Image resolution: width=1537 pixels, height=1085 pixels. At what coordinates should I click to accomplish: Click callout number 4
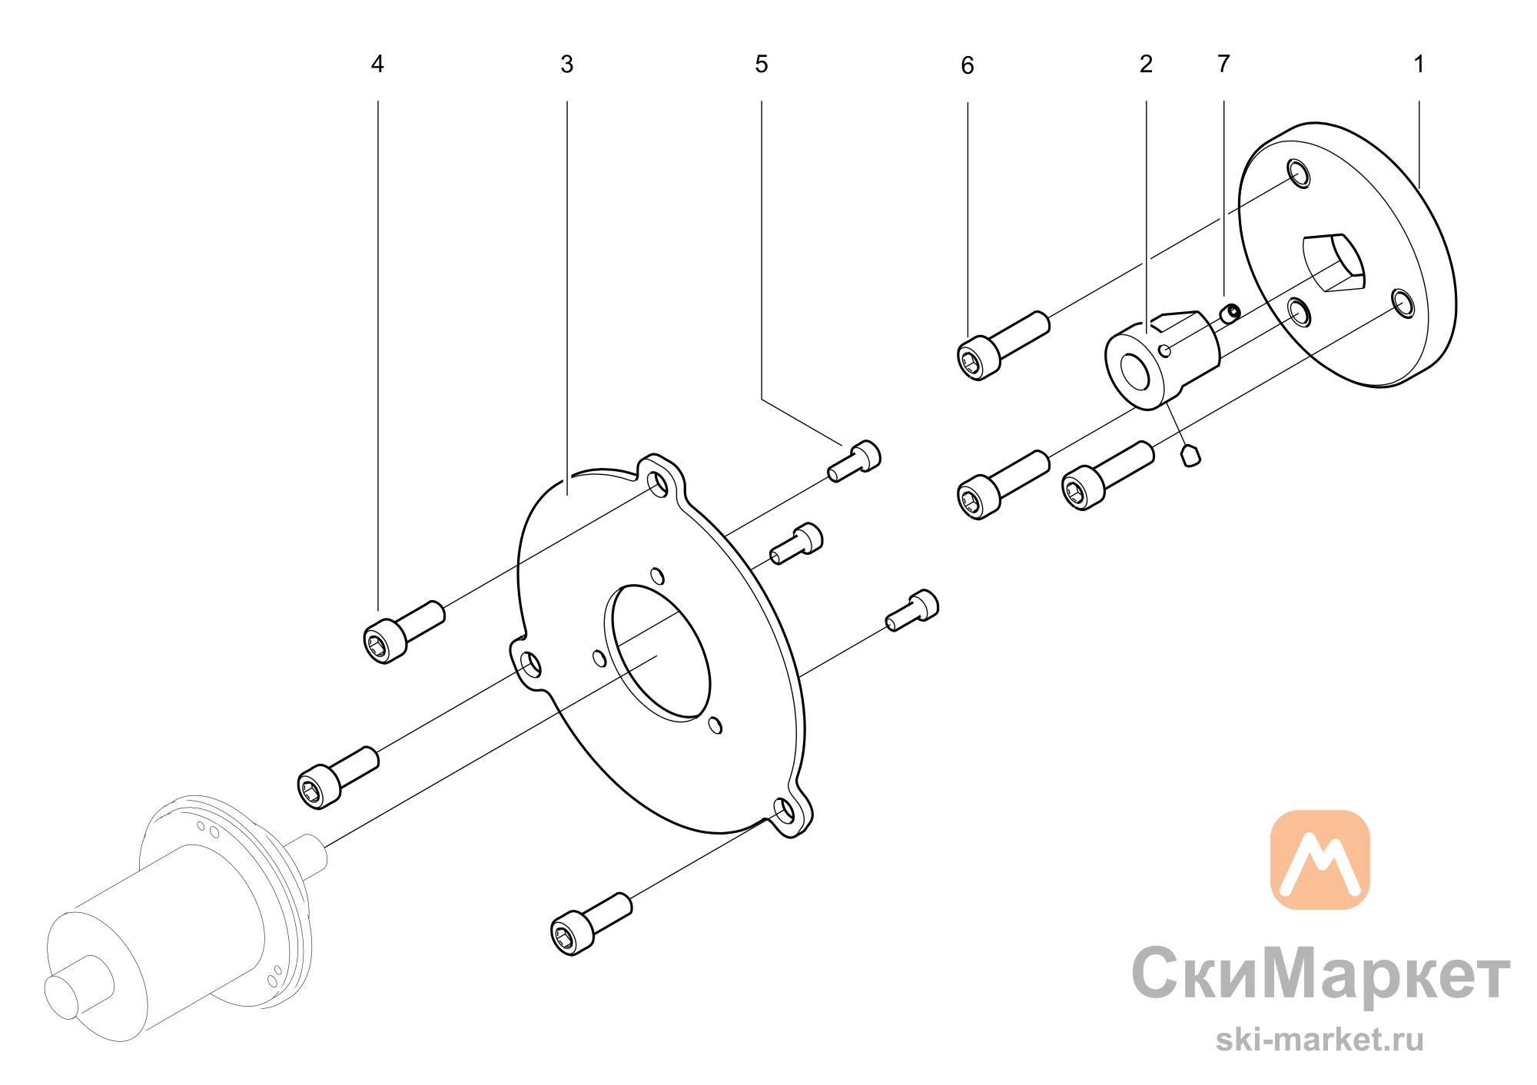click(x=377, y=64)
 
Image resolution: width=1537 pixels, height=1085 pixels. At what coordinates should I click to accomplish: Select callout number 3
click(x=567, y=64)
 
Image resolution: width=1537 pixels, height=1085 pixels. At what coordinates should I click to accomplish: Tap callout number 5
click(x=762, y=64)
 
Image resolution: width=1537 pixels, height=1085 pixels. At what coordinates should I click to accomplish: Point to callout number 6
click(x=968, y=65)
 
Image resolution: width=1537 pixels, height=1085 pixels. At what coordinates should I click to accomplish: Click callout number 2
click(x=1146, y=64)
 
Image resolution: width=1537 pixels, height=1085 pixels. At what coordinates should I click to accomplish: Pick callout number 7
click(x=1223, y=64)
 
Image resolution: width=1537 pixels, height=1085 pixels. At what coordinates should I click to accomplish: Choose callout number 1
click(x=1419, y=64)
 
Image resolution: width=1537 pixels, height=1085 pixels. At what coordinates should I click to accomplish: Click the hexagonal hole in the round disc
click(x=1333, y=263)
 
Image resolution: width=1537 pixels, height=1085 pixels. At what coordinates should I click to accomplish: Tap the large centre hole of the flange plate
click(x=657, y=653)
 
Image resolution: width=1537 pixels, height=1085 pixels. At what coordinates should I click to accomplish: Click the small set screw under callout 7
click(x=1230, y=313)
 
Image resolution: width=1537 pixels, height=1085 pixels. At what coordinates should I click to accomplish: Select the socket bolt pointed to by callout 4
click(x=403, y=632)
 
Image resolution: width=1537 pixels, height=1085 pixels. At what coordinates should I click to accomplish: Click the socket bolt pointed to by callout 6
click(x=1003, y=346)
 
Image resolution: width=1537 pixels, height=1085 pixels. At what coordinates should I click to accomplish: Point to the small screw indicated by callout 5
click(x=855, y=460)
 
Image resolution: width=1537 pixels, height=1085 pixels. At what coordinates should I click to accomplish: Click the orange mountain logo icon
click(x=1320, y=860)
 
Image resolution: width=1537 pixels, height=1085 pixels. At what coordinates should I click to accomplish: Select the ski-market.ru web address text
click(x=1320, y=1040)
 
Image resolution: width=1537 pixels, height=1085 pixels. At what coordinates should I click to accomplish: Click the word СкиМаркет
click(x=1321, y=974)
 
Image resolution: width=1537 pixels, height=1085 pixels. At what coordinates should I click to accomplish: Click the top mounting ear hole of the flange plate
click(x=658, y=484)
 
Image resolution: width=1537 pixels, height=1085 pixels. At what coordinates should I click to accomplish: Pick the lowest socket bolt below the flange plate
click(x=592, y=924)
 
